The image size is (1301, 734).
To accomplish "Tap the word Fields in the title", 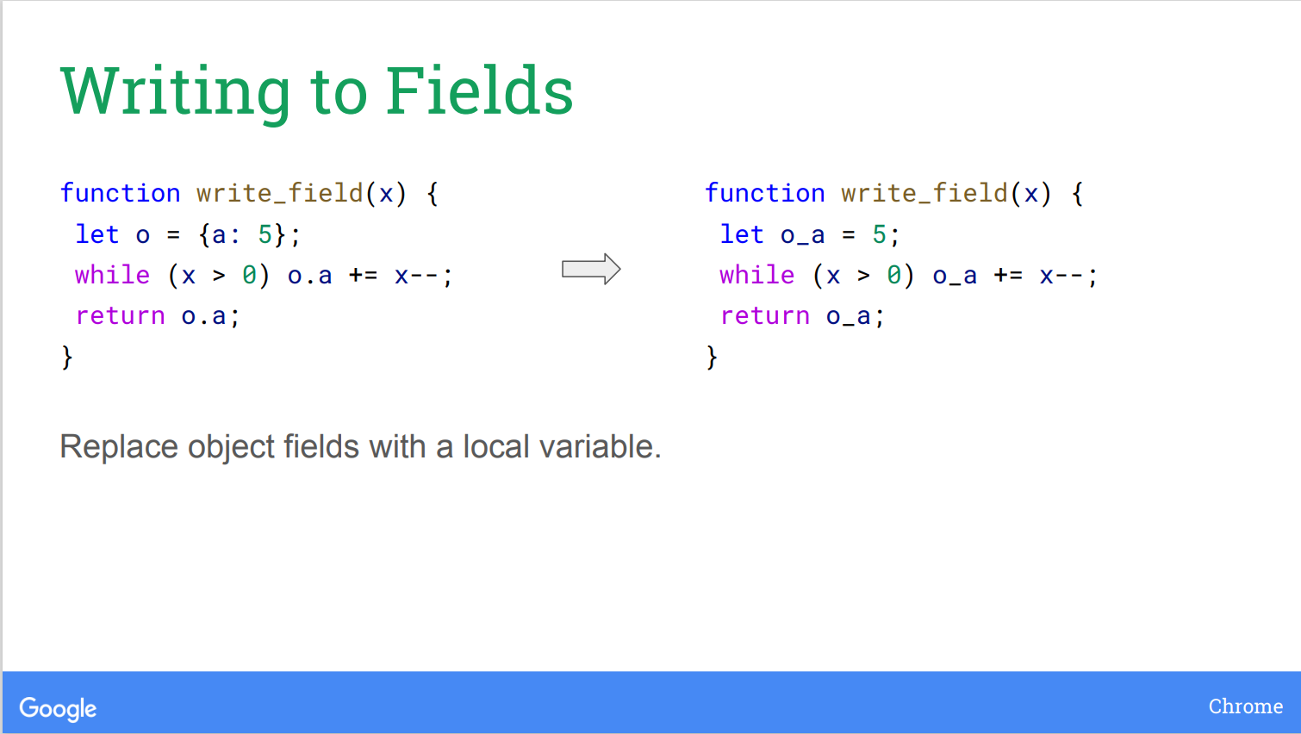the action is tap(479, 90).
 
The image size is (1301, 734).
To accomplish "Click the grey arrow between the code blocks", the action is tap(591, 269).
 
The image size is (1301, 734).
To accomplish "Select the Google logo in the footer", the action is tap(58, 708).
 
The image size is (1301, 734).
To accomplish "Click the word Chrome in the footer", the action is tap(1246, 706).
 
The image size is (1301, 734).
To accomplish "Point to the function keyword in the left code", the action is tap(121, 193).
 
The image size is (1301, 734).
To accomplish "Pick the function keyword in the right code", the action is tap(765, 193).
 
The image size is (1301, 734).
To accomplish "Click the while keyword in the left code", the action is tap(113, 275).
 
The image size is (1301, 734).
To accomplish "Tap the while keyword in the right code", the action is tap(757, 275).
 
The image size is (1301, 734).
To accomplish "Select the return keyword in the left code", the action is tap(121, 316).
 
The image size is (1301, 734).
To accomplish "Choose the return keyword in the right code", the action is tap(765, 316).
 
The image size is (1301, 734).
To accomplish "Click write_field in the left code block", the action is tap(280, 193).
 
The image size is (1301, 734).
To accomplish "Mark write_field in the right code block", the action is tap(924, 193).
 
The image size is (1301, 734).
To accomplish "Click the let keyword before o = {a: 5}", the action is tap(97, 234).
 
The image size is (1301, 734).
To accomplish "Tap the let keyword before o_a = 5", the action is tap(742, 234).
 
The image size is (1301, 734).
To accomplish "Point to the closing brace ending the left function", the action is tap(67, 358).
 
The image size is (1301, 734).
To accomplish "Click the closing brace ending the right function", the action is tap(712, 358).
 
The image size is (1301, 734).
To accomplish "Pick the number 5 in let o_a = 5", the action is tap(879, 234).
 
